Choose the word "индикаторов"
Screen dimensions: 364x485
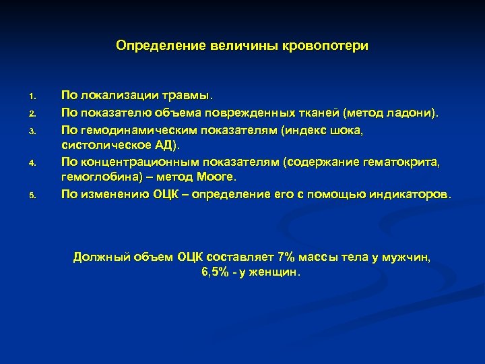(x=407, y=194)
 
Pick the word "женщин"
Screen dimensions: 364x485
(x=276, y=273)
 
